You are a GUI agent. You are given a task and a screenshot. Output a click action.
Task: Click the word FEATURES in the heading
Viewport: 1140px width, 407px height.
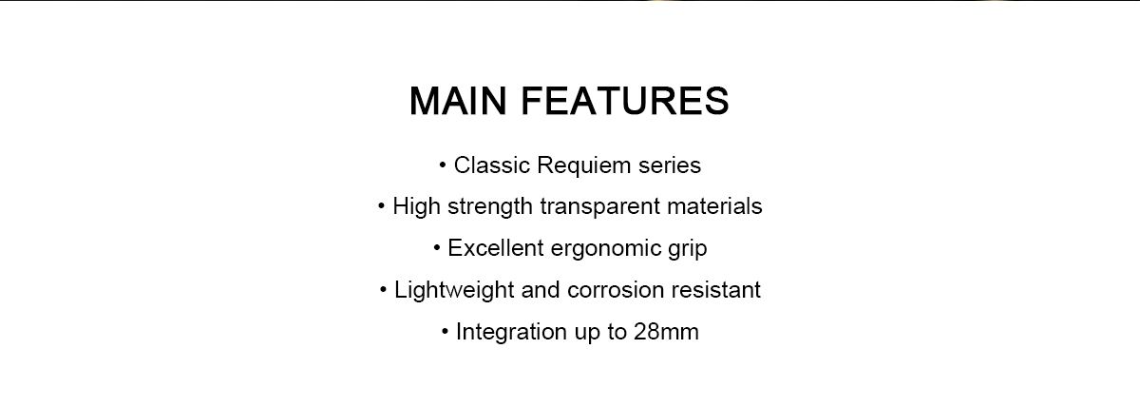[625, 101]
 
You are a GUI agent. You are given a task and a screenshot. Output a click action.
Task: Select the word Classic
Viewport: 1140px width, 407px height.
[492, 165]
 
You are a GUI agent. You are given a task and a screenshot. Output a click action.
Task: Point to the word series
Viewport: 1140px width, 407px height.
[670, 165]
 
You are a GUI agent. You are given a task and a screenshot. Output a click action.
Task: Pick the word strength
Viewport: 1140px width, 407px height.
[490, 206]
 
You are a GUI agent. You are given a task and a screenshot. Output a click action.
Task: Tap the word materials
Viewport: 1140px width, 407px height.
[714, 206]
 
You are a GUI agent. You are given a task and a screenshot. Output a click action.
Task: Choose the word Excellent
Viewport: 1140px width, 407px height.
[496, 248]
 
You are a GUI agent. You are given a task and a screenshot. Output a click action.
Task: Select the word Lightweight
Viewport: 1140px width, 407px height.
[454, 290]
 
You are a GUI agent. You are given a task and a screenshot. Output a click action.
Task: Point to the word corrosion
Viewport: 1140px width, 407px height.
[616, 290]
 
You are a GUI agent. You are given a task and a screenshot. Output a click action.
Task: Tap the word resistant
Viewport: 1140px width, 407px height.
[715, 290]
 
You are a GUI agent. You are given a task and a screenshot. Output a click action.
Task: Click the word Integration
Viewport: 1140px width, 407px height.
[511, 332]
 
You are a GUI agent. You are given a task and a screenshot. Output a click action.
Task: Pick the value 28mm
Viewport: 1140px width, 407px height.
[666, 332]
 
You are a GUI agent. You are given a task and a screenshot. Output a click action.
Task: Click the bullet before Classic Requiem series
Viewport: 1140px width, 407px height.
[443, 165]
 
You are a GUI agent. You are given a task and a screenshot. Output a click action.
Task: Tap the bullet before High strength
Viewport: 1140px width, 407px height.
[381, 206]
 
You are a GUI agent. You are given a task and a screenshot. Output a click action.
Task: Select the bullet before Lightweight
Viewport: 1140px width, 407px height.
[383, 290]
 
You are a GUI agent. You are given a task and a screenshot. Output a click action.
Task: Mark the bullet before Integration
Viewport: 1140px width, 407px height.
[445, 332]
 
